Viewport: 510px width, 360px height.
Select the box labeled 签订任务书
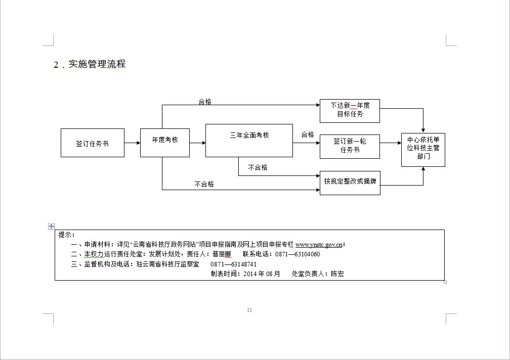coord(92,143)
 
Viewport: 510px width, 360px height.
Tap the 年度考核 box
coord(165,140)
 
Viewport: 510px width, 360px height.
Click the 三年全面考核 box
coord(249,136)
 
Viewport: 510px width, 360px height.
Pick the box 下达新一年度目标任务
coord(350,110)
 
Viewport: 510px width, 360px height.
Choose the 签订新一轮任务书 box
coord(350,146)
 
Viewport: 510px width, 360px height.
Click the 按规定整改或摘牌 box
coord(350,182)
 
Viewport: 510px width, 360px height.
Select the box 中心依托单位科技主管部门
coord(422,148)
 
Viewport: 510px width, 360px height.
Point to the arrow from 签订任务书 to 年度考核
coord(132,143)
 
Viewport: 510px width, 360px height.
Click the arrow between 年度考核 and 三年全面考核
coord(197,143)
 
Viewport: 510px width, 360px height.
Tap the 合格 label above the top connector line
coord(205,102)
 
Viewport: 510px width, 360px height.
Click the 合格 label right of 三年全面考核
coord(308,134)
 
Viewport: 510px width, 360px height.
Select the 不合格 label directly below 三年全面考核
coord(258,167)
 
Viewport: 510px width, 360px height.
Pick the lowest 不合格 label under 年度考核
coord(204,184)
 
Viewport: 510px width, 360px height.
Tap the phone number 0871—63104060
coord(297,254)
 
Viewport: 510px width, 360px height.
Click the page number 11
coord(249,310)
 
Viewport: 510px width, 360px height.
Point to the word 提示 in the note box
coord(66,235)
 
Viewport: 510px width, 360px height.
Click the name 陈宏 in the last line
coord(337,274)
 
